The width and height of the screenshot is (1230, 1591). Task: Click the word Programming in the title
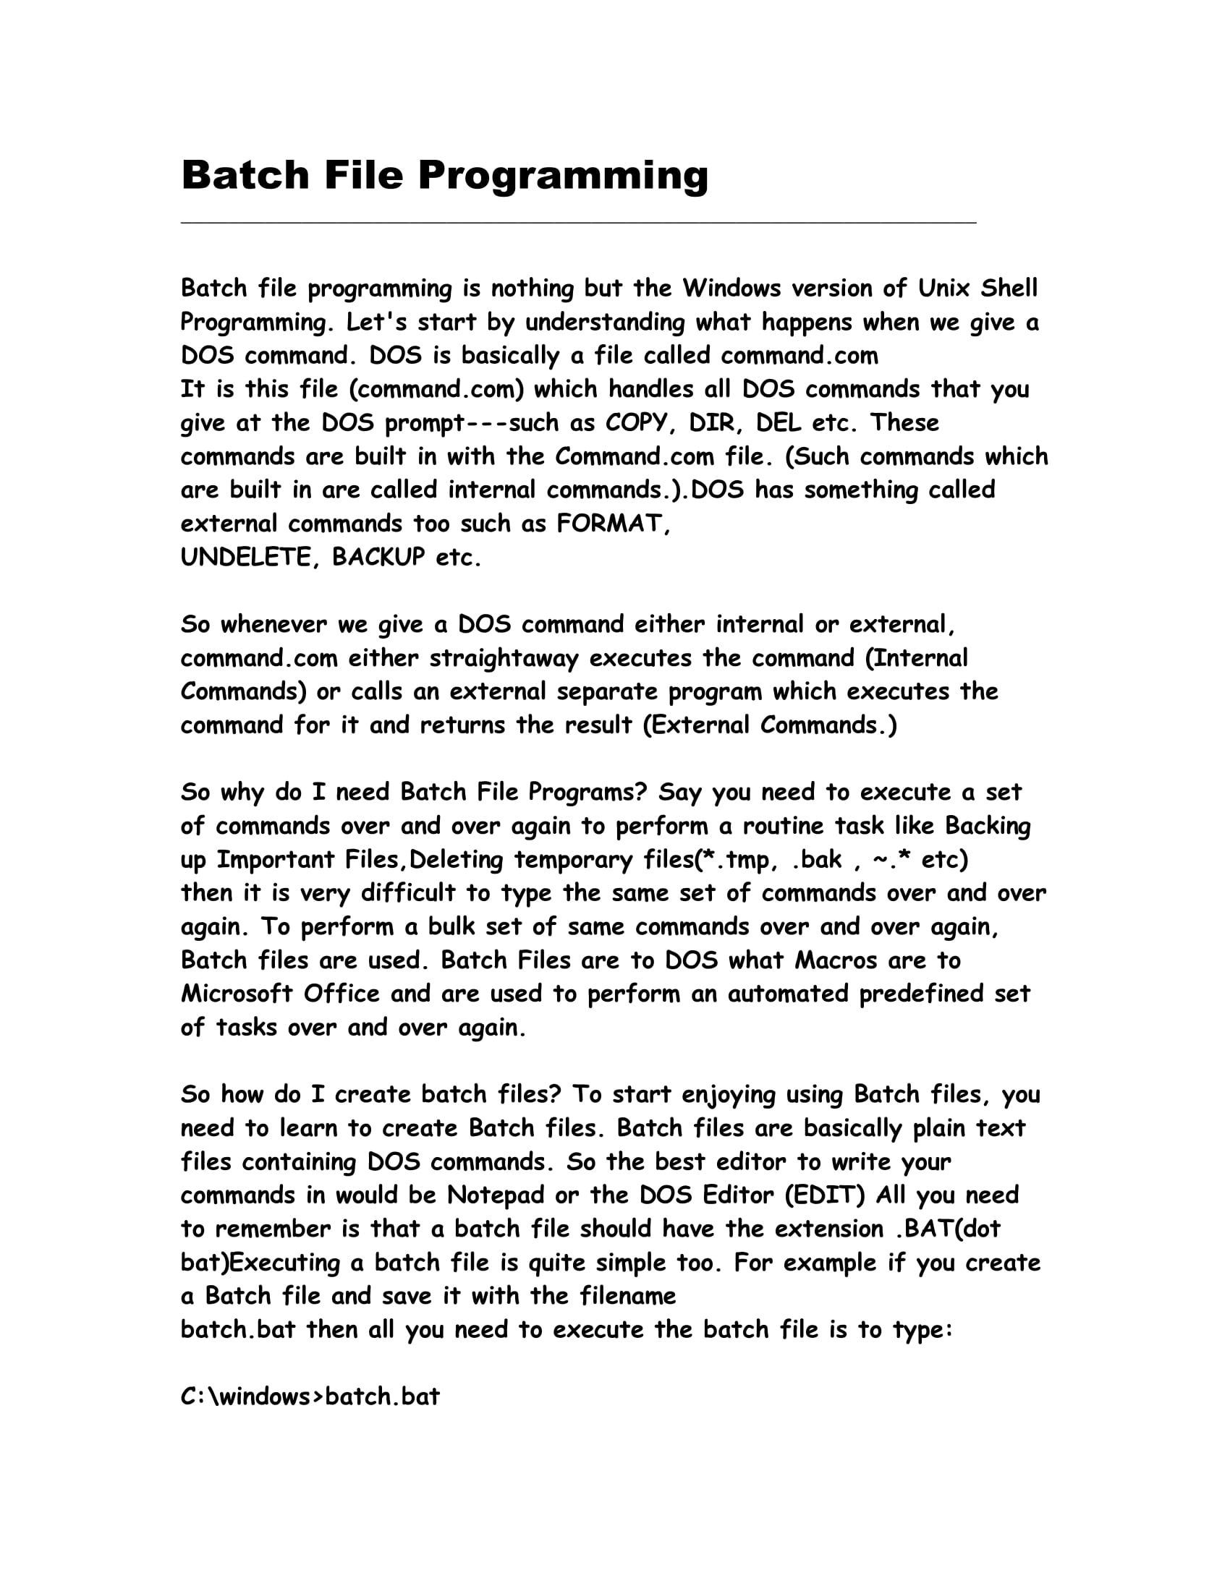pos(561,176)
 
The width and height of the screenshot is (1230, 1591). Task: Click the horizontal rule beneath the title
pos(578,222)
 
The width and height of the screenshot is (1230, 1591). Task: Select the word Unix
pos(943,289)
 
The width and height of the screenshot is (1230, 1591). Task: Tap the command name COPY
pos(635,423)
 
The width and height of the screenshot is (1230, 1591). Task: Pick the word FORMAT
pos(611,524)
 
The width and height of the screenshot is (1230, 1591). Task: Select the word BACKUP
pos(378,558)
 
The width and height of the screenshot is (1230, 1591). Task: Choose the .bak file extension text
pos(816,861)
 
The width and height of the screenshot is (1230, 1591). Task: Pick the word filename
pos(628,1296)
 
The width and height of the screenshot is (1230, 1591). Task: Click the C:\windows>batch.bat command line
pos(310,1396)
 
